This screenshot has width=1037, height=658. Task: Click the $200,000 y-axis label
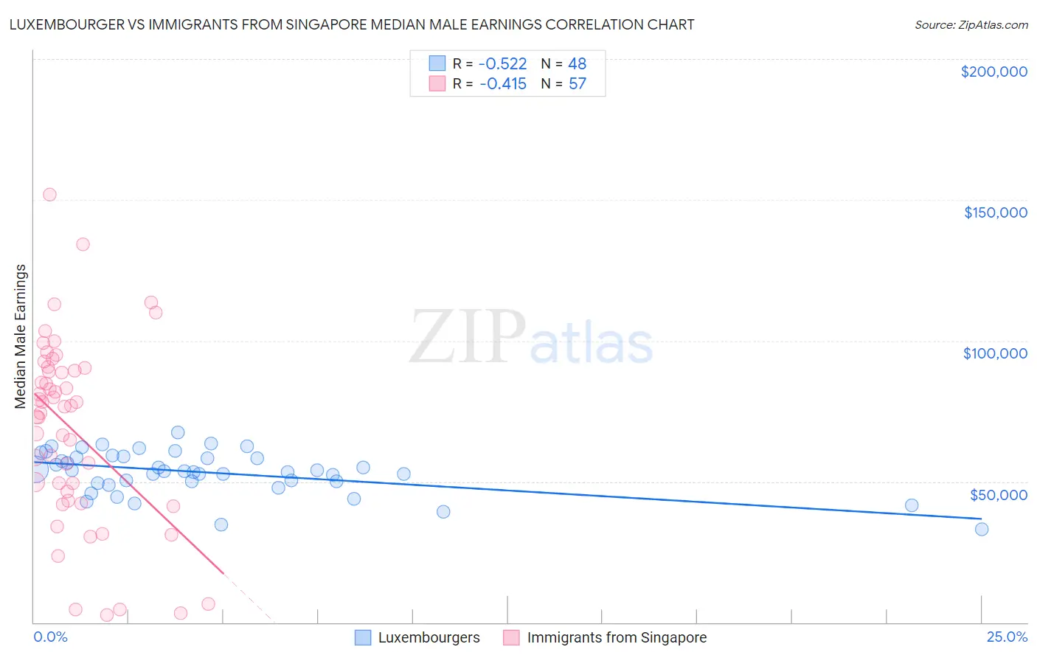pos(993,72)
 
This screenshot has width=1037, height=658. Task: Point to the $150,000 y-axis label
pos(995,212)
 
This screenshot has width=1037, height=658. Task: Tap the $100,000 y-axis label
pos(995,353)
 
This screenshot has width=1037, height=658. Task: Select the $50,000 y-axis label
pos(998,494)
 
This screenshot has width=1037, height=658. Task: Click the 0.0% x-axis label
pos(50,637)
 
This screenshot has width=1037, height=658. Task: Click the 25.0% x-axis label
pos(1007,637)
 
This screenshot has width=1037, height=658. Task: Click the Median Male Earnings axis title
pos(21,336)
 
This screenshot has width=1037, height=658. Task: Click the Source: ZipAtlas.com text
pos(971,25)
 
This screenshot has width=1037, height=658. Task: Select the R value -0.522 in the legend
pos(503,63)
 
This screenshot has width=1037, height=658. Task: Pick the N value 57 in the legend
pos(577,83)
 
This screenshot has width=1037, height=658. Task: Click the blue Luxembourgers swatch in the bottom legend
pos(363,637)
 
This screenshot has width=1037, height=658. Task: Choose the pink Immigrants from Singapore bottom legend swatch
pos(511,637)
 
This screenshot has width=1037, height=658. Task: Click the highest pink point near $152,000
pos(49,195)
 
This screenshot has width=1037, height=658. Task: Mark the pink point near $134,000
pos(83,244)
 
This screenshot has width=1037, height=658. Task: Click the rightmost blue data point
pos(981,529)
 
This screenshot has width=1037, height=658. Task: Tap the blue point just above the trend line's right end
pos(912,505)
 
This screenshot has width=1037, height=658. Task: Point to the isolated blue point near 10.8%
pos(443,512)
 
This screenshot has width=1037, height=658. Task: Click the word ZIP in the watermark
pos(467,337)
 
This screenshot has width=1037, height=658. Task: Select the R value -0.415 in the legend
pos(503,83)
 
